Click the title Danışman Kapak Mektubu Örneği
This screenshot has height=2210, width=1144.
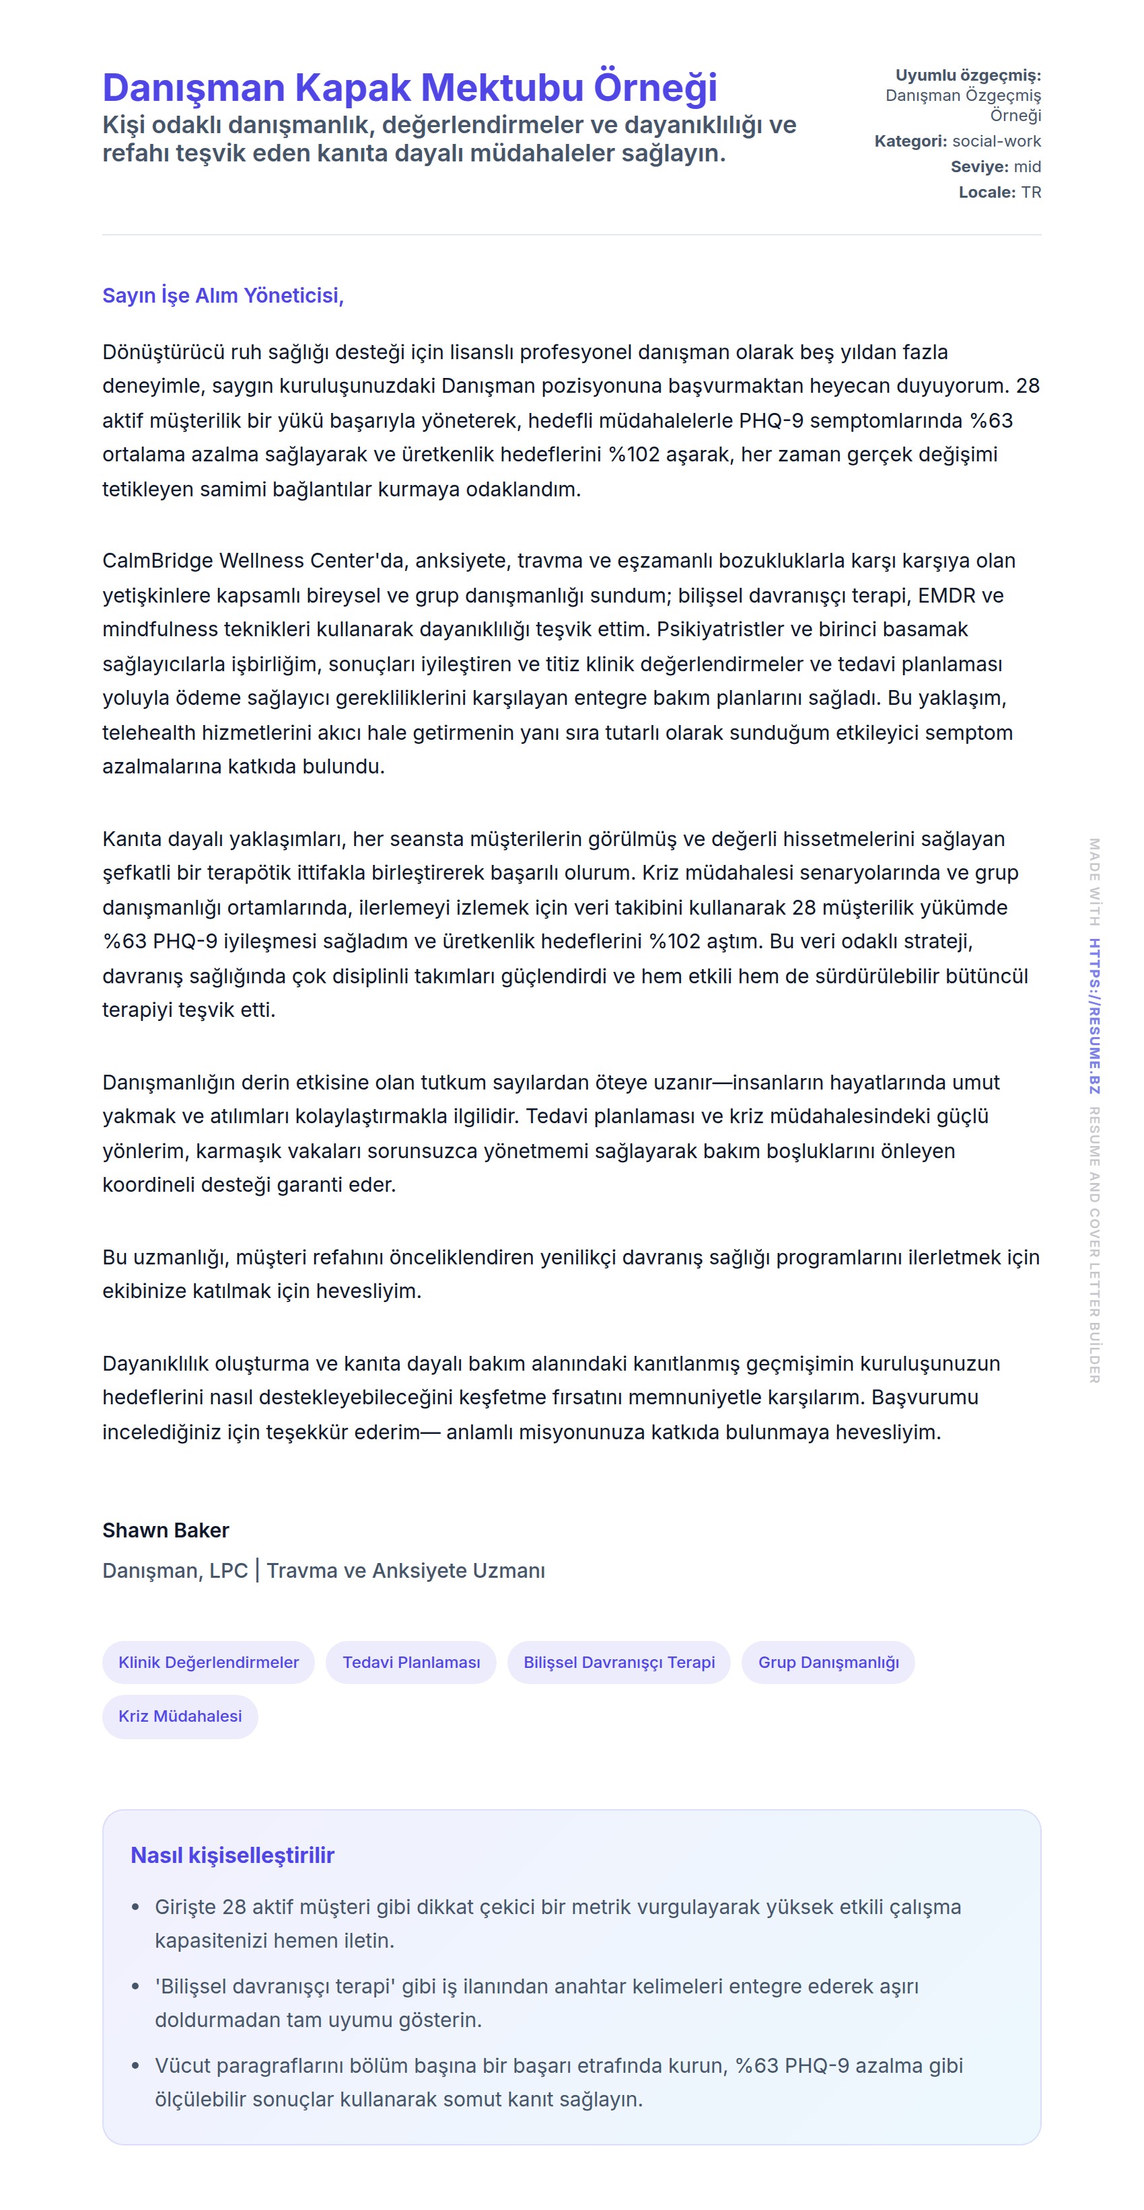(409, 87)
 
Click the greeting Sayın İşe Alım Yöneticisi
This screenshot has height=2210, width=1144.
(222, 295)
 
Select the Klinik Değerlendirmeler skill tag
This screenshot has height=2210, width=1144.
(209, 1662)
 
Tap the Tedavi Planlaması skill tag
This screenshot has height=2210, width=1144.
(411, 1662)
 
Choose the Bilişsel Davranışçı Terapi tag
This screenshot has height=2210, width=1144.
(619, 1662)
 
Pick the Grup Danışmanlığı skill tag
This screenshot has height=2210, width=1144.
(828, 1662)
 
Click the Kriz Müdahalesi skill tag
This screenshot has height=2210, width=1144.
(180, 1715)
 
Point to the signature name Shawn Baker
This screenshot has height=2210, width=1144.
(166, 1529)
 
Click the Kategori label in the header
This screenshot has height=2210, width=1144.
(910, 141)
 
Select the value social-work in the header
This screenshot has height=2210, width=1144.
(997, 141)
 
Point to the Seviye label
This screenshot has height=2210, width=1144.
(979, 166)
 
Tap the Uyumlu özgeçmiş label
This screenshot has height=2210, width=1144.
(968, 75)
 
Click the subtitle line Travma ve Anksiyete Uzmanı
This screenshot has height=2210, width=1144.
(406, 1570)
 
